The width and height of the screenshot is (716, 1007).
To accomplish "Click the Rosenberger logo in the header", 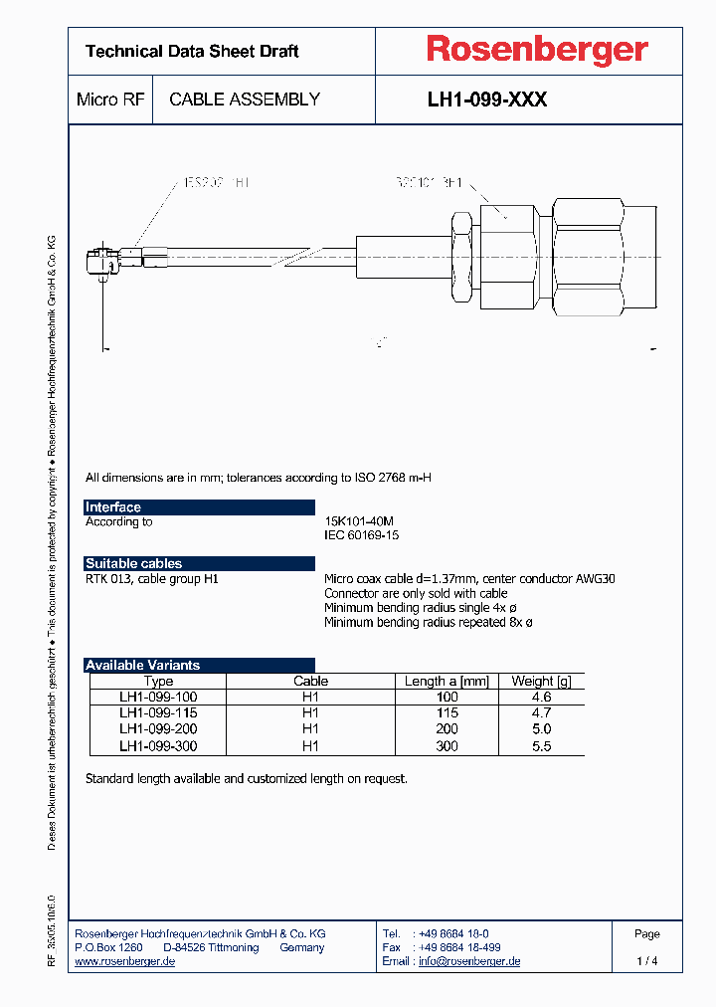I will click(x=537, y=50).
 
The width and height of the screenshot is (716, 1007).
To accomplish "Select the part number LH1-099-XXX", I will click(x=486, y=100).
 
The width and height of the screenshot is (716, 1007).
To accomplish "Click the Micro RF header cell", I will click(x=110, y=100).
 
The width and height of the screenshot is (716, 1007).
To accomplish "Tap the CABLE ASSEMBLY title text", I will click(x=245, y=100).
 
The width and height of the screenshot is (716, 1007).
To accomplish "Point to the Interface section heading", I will click(x=113, y=507).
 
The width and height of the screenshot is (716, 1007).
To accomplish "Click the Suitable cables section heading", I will click(x=134, y=563).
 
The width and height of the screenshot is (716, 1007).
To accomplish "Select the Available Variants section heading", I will click(x=143, y=665).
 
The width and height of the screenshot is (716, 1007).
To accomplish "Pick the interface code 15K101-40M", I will click(x=359, y=521).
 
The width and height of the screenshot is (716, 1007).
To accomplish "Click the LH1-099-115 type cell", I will click(x=158, y=713).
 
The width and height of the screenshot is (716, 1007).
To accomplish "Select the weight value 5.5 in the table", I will click(x=541, y=746).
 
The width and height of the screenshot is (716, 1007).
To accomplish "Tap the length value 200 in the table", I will click(x=447, y=729).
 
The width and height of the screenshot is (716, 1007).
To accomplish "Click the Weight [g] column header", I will click(x=541, y=682).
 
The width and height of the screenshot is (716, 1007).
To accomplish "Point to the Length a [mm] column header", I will click(x=447, y=682).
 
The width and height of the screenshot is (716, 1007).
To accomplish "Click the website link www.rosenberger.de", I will click(x=125, y=961).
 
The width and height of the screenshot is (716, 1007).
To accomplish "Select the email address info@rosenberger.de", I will click(x=468, y=961).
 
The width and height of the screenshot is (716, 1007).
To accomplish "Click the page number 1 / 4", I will click(x=646, y=961).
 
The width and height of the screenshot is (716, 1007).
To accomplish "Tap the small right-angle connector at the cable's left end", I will click(x=99, y=262).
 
